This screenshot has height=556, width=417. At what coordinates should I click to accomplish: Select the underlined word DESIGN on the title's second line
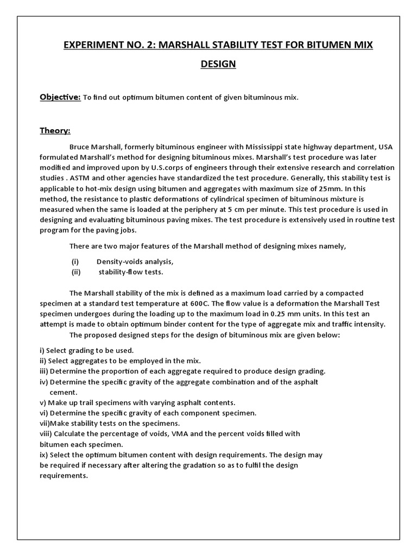pos(218,64)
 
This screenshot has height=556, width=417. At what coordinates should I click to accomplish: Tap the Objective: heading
pos(60,97)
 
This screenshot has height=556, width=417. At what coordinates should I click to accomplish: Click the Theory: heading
pos(55,131)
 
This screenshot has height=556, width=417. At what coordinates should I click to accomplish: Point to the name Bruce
pos(80,147)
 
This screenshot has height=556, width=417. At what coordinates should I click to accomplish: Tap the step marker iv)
pos(44,382)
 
